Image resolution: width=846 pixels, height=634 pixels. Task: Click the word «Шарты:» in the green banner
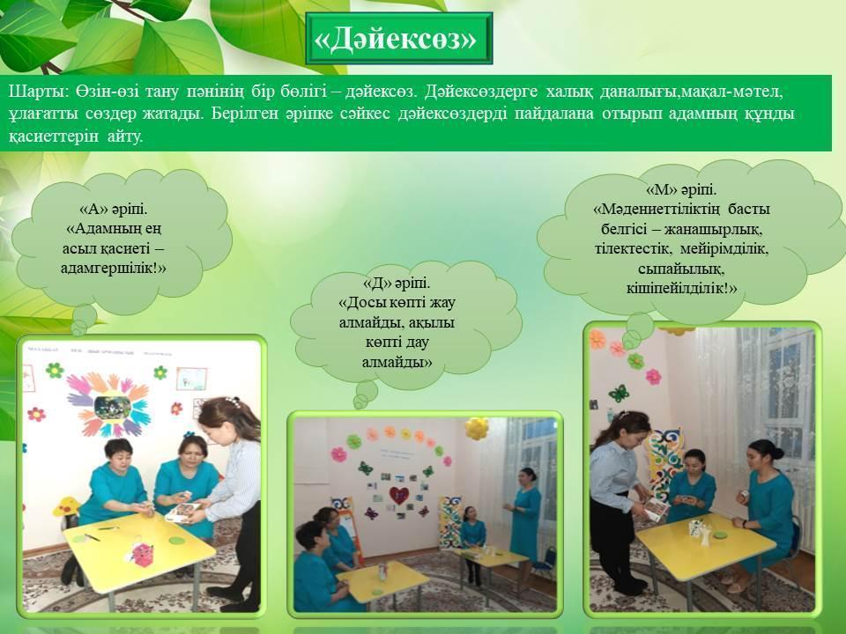click(x=38, y=92)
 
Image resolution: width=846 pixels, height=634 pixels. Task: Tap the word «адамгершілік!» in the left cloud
click(x=114, y=268)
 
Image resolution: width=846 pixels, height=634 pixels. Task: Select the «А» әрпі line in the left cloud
click(x=114, y=210)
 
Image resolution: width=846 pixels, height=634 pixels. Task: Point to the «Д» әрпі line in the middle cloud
click(x=397, y=283)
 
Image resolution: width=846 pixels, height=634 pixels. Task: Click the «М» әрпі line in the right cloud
click(x=681, y=190)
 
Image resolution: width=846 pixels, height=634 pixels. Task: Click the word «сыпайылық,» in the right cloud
click(x=681, y=268)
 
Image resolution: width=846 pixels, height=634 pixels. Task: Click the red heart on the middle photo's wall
click(x=398, y=496)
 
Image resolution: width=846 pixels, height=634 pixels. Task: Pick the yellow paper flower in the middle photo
click(x=477, y=428)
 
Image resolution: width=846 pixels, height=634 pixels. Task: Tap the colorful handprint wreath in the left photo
click(x=108, y=405)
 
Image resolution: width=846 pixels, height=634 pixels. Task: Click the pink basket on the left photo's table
click(x=143, y=554)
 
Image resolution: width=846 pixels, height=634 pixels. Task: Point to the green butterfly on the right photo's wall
click(x=619, y=393)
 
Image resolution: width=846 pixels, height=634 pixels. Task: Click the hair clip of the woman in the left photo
click(x=233, y=402)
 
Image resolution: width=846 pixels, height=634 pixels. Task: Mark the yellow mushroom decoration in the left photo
click(x=66, y=507)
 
